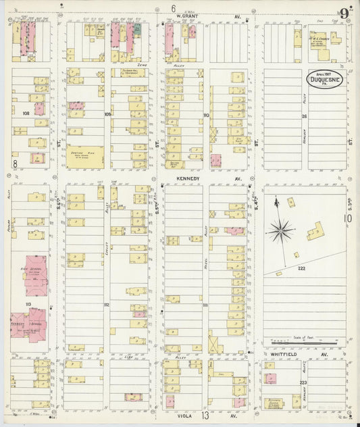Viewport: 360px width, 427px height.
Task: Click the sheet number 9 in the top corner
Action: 345,13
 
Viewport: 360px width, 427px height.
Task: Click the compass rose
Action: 280,231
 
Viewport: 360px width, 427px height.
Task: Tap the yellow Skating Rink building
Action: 85,157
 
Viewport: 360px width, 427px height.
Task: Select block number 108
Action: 26,114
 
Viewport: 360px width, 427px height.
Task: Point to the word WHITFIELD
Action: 284,353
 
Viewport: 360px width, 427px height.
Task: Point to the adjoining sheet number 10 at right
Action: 348,218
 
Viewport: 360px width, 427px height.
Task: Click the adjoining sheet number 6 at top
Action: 174,8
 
